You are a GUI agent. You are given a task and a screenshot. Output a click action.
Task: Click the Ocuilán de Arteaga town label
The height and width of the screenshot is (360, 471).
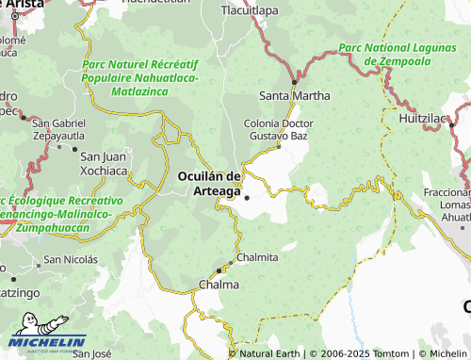210,184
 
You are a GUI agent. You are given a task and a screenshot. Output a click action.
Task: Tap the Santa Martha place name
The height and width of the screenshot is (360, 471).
295,96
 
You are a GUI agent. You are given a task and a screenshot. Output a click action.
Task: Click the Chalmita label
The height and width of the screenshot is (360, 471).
257,256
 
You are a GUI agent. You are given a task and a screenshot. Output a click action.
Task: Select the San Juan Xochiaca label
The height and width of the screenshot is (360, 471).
104,163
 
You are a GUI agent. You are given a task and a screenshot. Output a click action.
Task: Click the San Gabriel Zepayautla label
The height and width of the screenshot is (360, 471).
58,130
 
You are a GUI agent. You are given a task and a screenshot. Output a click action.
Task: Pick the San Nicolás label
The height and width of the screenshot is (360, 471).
71,259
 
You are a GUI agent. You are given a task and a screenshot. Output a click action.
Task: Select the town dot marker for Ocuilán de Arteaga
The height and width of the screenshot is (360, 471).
247,197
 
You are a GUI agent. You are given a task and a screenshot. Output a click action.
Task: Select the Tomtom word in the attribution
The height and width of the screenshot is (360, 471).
391,353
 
